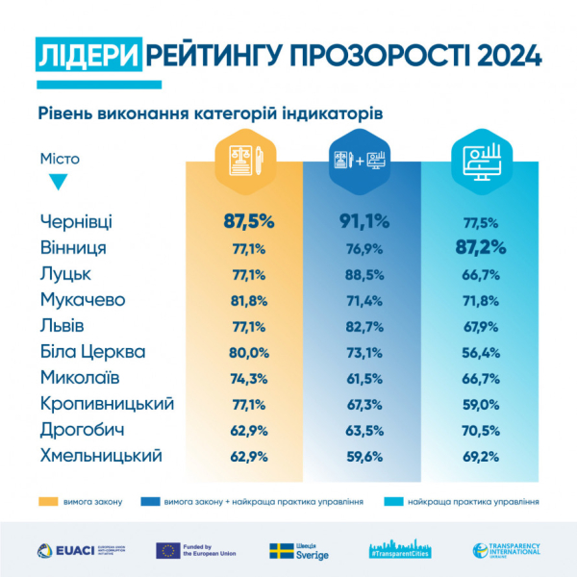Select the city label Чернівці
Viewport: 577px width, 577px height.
point(78,221)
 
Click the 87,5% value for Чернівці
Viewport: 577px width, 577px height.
point(249,221)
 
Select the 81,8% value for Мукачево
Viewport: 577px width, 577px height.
point(249,300)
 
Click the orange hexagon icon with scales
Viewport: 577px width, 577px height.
point(245,159)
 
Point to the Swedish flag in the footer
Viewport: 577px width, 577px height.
point(282,550)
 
